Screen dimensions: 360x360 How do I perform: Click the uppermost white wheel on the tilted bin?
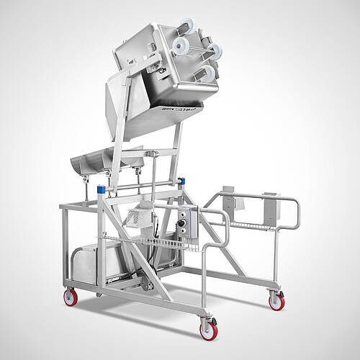click(188, 24)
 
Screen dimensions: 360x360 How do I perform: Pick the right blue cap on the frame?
click(181, 181)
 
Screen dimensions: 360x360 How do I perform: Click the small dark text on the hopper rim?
click(165, 105)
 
